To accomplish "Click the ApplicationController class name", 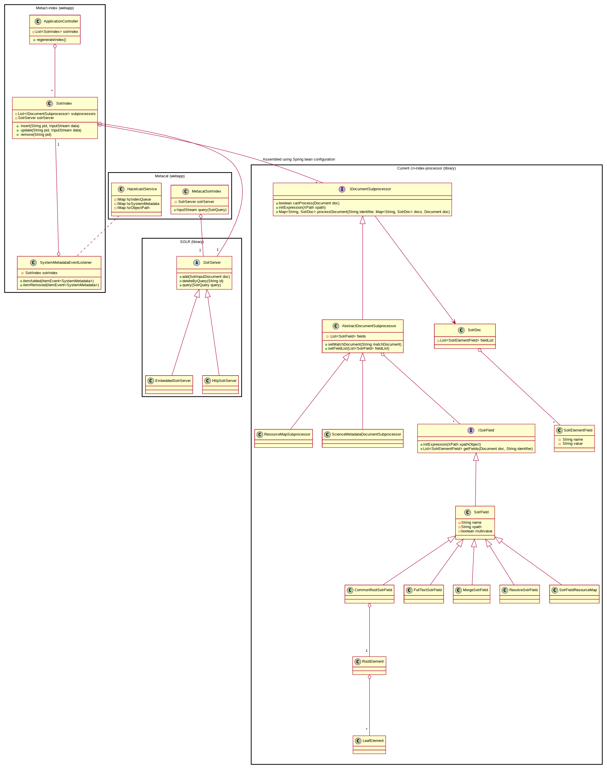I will [x=61, y=21].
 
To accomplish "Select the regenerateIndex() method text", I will [x=51, y=40].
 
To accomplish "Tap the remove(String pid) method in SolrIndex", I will [x=36, y=135].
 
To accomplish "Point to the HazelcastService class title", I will [x=142, y=189].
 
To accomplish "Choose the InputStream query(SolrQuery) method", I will [x=201, y=210].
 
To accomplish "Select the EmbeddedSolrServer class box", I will [x=169, y=384].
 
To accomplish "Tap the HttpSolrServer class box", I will [x=220, y=384].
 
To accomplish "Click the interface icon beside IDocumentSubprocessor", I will [x=342, y=189].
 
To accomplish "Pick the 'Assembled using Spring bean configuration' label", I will [x=298, y=159].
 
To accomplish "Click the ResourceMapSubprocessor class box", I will [x=283, y=438].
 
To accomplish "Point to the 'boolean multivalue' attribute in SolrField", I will [x=476, y=531].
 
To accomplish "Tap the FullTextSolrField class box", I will [x=423, y=594].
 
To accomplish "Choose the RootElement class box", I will [x=369, y=665].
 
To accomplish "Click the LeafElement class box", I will [x=369, y=745].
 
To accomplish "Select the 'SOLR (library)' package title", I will [x=192, y=242].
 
